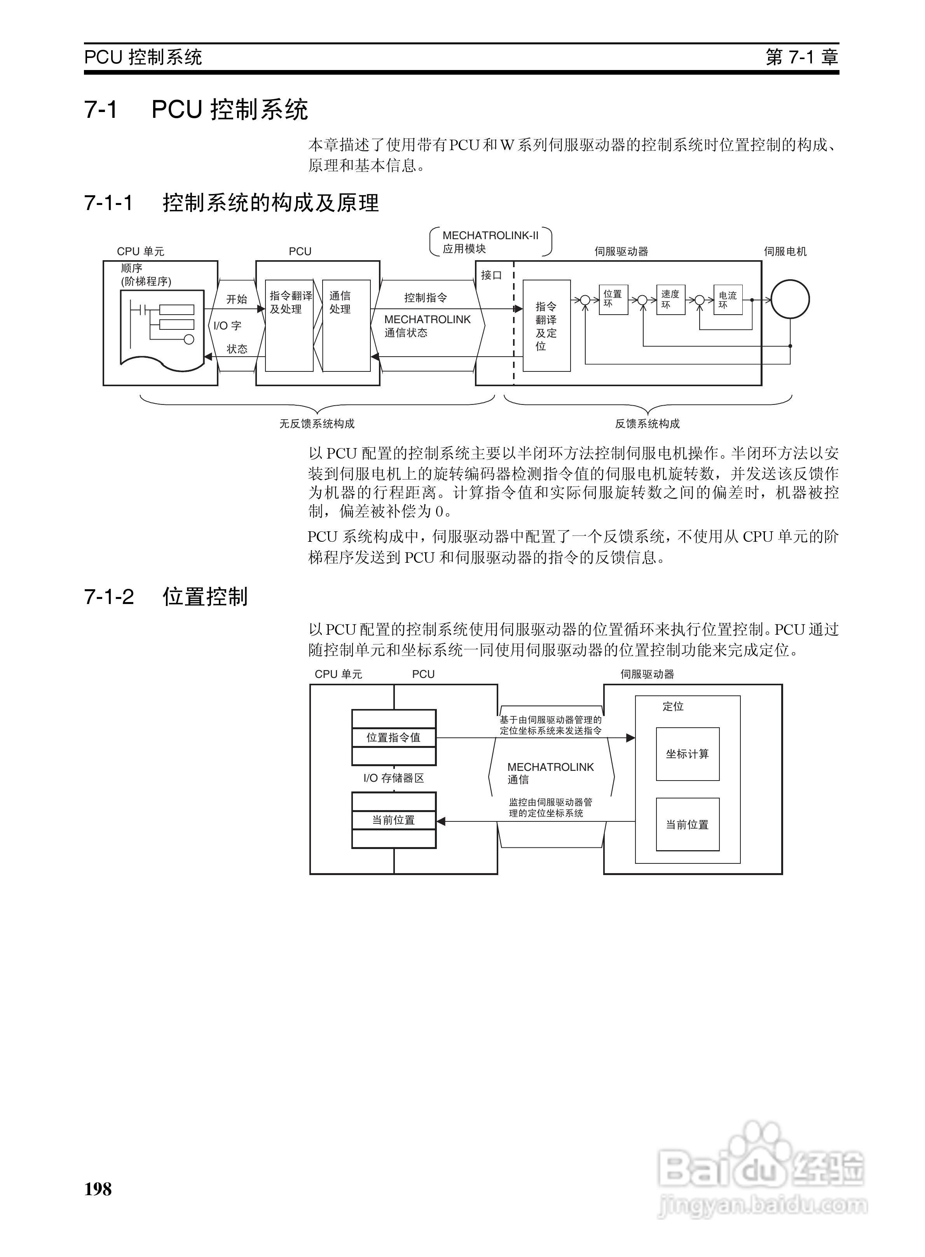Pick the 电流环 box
pos(728,300)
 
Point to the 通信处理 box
pos(346,325)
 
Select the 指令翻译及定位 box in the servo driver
pos(546,326)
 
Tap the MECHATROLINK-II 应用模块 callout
pos(490,242)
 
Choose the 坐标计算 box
pos(687,754)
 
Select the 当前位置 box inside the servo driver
pos(687,825)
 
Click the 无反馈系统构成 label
pos(317,424)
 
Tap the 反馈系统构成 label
pos(647,424)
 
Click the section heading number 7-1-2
pos(109,597)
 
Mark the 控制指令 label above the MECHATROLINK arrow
pos(426,298)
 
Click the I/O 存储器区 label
pos(394,778)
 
